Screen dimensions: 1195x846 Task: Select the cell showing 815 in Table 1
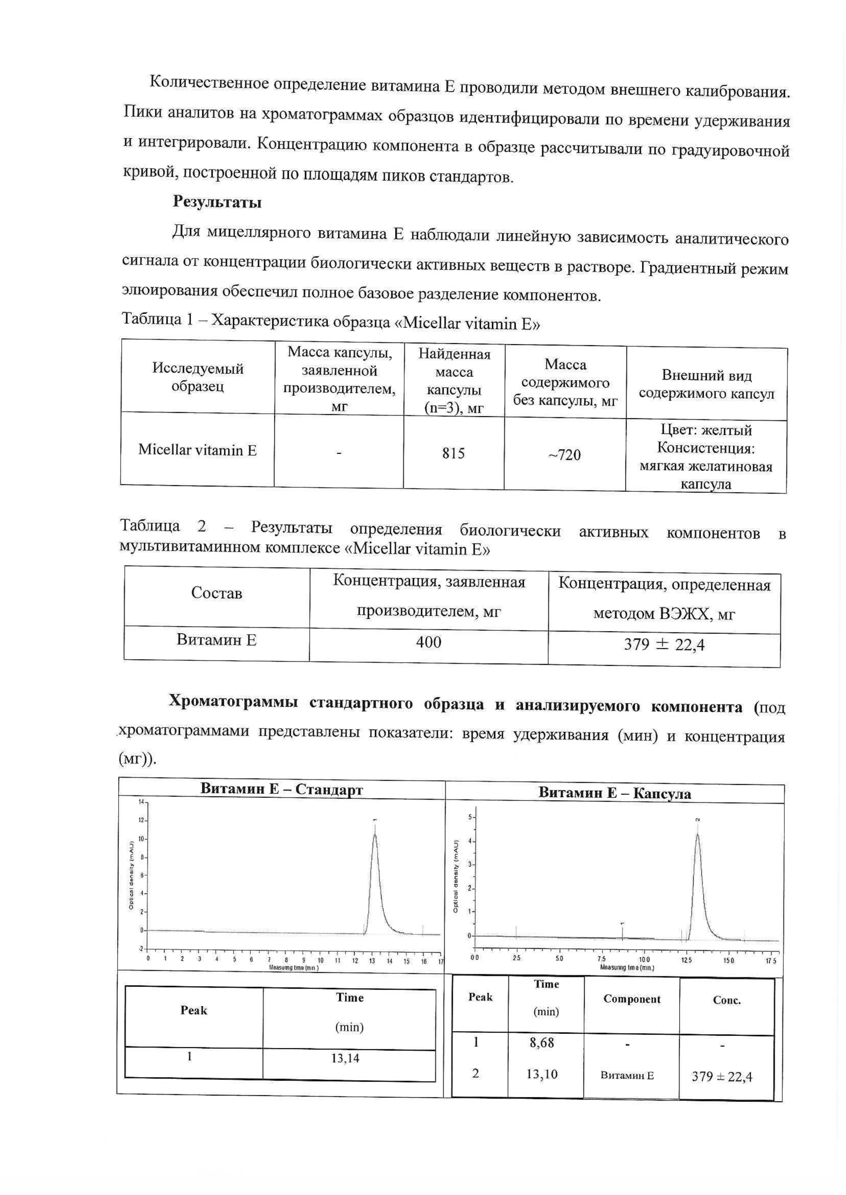(x=453, y=453)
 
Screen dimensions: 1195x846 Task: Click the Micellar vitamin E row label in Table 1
(x=198, y=450)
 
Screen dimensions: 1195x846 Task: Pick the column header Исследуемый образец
(x=198, y=377)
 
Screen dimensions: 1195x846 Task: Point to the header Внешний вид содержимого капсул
(x=706, y=384)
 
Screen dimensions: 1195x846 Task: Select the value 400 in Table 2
(x=428, y=642)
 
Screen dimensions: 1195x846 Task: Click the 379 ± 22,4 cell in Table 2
(x=664, y=645)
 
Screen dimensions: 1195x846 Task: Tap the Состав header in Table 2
(x=217, y=593)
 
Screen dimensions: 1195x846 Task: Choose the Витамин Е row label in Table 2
(x=217, y=639)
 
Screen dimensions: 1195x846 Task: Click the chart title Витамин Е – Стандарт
(x=281, y=789)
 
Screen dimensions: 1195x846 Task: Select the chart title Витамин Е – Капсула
(x=615, y=793)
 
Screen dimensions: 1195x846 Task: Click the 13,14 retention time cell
(x=345, y=1058)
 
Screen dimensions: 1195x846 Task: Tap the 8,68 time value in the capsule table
(x=542, y=1042)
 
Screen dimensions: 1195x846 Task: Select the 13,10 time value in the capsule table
(x=542, y=1074)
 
